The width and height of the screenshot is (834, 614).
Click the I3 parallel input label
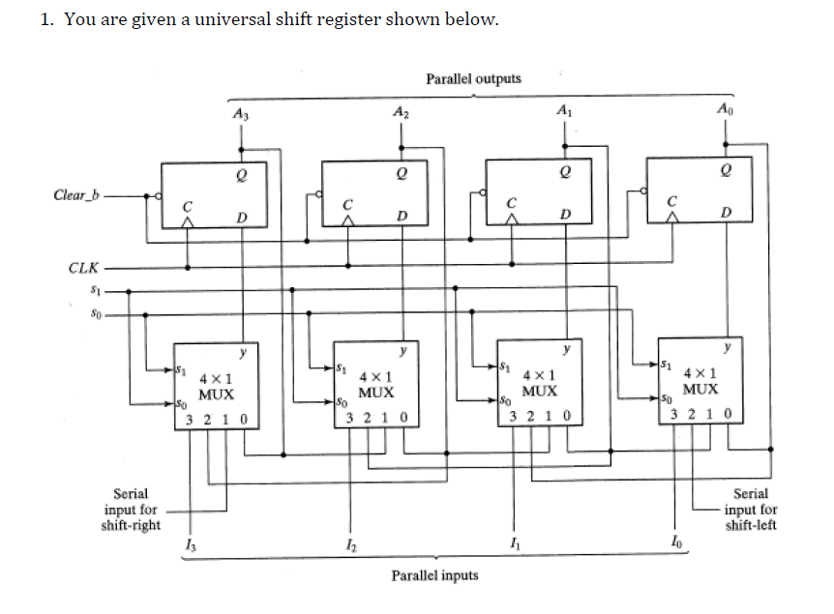click(x=188, y=551)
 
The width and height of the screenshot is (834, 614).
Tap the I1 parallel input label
click(x=511, y=551)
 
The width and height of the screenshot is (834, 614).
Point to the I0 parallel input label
click(x=673, y=551)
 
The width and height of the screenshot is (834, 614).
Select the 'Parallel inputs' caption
click(x=434, y=575)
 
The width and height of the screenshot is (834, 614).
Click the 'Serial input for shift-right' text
click(x=131, y=510)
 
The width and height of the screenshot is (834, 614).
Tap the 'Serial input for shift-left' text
click(x=751, y=510)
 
